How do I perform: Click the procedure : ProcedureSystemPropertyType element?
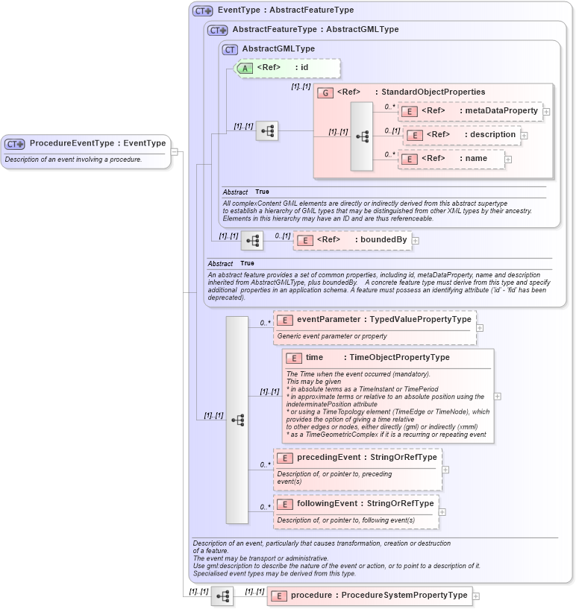point(369,596)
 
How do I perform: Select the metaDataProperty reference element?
point(470,111)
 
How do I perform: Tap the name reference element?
point(451,159)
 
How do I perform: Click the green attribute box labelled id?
point(288,68)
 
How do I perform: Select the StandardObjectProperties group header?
point(410,92)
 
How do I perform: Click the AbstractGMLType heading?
point(278,49)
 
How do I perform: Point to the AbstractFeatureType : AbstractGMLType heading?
point(315,30)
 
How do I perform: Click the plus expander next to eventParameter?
point(480,327)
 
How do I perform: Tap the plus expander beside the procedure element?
point(476,596)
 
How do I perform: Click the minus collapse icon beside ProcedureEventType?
point(174,152)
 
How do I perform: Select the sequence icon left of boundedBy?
point(252,240)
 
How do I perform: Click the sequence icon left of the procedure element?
point(222,596)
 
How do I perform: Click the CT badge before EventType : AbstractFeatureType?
point(202,10)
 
